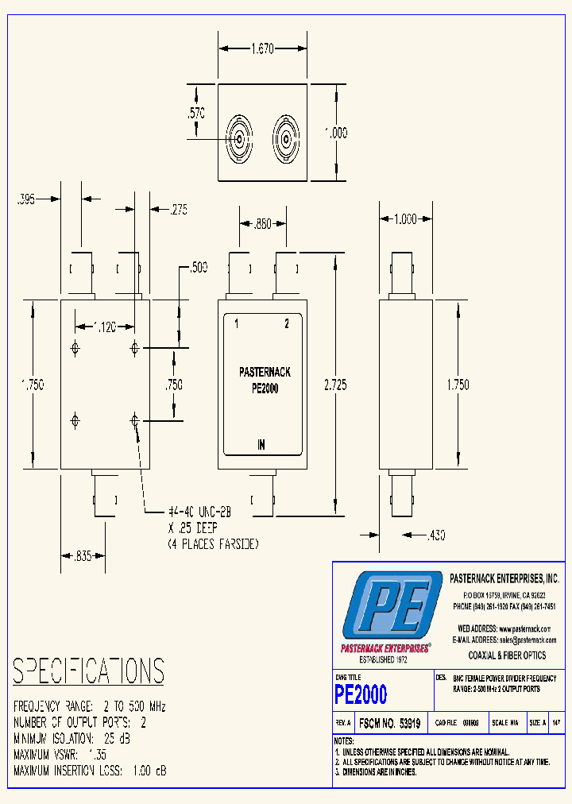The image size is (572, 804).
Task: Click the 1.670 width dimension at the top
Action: [x=262, y=48]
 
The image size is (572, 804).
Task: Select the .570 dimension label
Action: [x=196, y=114]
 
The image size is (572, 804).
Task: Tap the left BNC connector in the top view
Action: [x=240, y=141]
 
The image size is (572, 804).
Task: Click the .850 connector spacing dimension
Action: [x=261, y=225]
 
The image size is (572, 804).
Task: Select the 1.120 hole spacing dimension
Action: [x=104, y=326]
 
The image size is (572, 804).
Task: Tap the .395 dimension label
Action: [x=27, y=200]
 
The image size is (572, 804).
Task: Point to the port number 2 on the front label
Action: [x=287, y=323]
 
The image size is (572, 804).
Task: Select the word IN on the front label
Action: [x=261, y=445]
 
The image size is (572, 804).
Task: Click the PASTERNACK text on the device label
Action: [x=265, y=372]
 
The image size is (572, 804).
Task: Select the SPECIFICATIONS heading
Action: [x=88, y=671]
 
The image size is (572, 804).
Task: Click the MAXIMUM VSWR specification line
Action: [x=60, y=755]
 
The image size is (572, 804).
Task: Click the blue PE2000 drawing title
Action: [x=361, y=695]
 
